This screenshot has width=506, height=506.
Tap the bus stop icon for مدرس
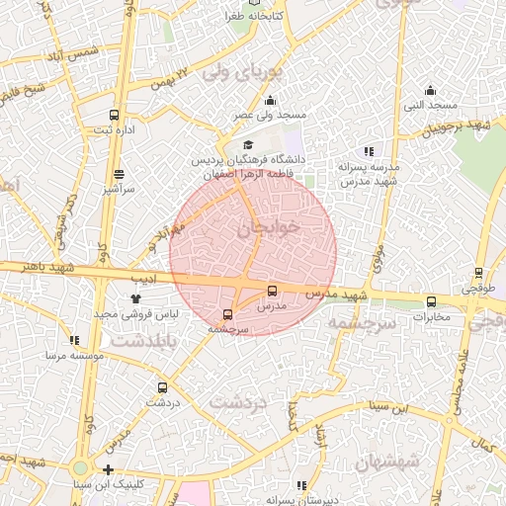[273, 291]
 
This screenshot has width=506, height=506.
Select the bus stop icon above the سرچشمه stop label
[228, 315]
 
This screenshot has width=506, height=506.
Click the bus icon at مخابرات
[431, 301]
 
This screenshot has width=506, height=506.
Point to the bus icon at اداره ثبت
[115, 115]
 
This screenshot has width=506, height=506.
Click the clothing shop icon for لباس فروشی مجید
[134, 297]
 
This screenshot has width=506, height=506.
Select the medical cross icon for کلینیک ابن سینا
[109, 469]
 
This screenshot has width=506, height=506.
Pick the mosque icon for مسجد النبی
[430, 90]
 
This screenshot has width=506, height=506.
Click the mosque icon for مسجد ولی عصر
[271, 100]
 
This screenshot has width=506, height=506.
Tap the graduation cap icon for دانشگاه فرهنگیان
[248, 145]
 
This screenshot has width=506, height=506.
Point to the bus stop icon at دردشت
[162, 387]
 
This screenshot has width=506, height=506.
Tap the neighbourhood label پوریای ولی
[242, 73]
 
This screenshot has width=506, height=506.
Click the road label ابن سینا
[415, 407]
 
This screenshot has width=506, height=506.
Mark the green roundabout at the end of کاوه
[81, 467]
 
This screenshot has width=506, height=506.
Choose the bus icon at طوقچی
[478, 272]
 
